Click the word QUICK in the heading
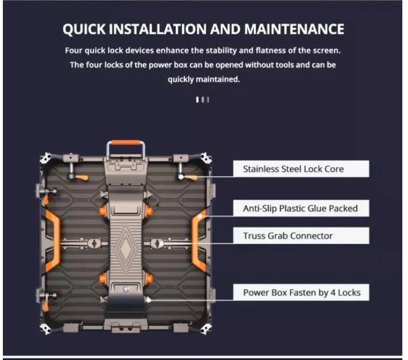click(84, 29)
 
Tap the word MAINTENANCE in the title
click(294, 28)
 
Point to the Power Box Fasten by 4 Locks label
click(301, 292)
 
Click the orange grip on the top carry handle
click(126, 143)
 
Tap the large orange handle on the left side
click(53, 241)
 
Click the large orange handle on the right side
click(199, 241)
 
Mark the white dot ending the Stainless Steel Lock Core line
click(181, 177)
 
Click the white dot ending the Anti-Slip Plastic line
click(200, 216)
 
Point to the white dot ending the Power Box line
click(148, 300)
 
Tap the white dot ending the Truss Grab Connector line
click(161, 243)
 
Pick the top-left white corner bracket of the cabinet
click(45, 158)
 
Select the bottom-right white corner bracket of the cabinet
click(206, 329)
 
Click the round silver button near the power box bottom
click(126, 289)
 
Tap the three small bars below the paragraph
click(202, 100)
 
